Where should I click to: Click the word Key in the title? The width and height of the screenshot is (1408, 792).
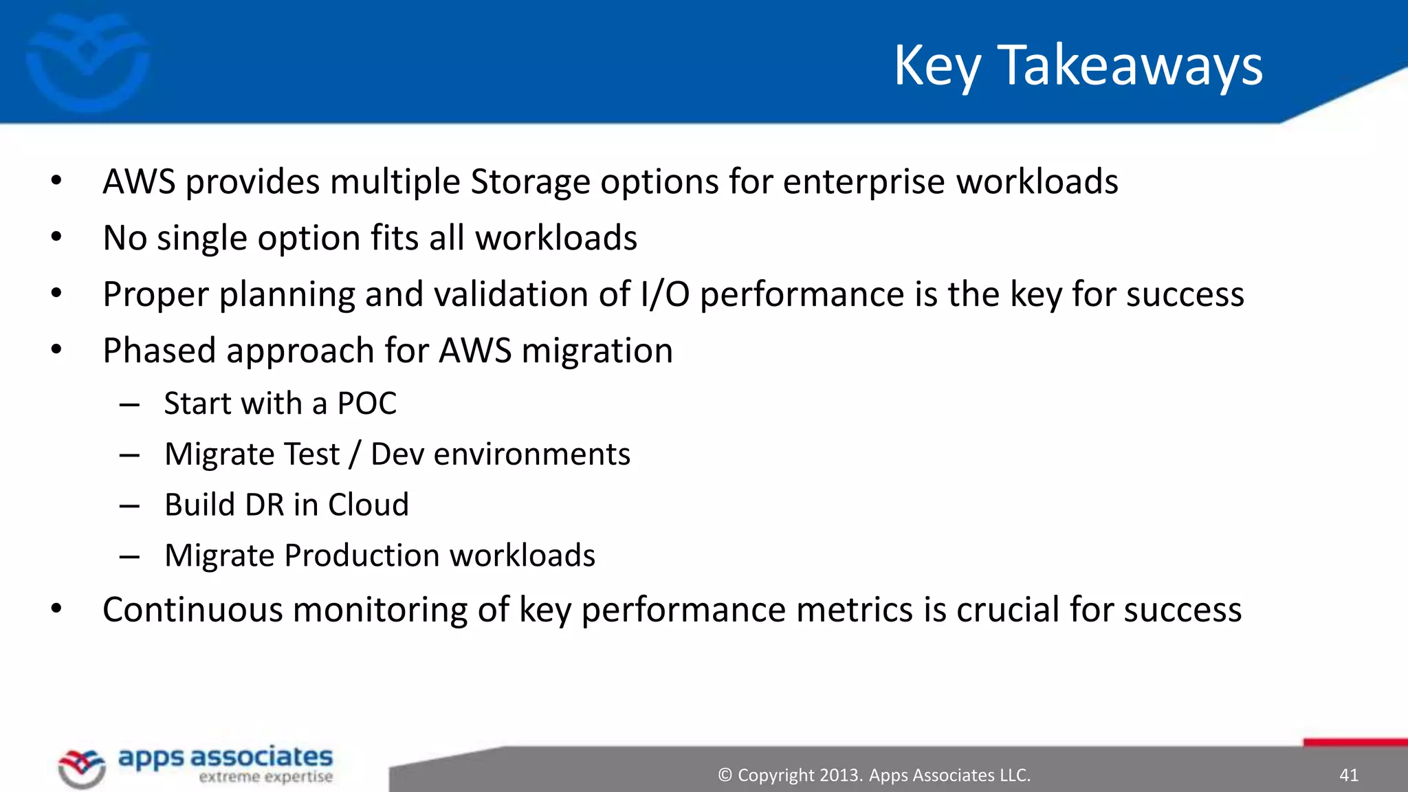(937, 65)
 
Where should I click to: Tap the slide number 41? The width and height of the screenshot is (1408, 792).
(1349, 775)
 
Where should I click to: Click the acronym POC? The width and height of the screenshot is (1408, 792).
(366, 404)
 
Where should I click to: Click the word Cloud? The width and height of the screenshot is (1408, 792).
(368, 505)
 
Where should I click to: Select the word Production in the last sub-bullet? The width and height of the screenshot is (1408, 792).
(362, 555)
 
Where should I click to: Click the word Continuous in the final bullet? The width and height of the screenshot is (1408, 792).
(192, 610)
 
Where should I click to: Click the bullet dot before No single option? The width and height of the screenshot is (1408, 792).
(56, 238)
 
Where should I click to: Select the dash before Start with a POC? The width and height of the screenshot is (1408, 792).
(129, 405)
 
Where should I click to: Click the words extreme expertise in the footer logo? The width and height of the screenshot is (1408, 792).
(265, 778)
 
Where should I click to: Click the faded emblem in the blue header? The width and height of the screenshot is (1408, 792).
(87, 62)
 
